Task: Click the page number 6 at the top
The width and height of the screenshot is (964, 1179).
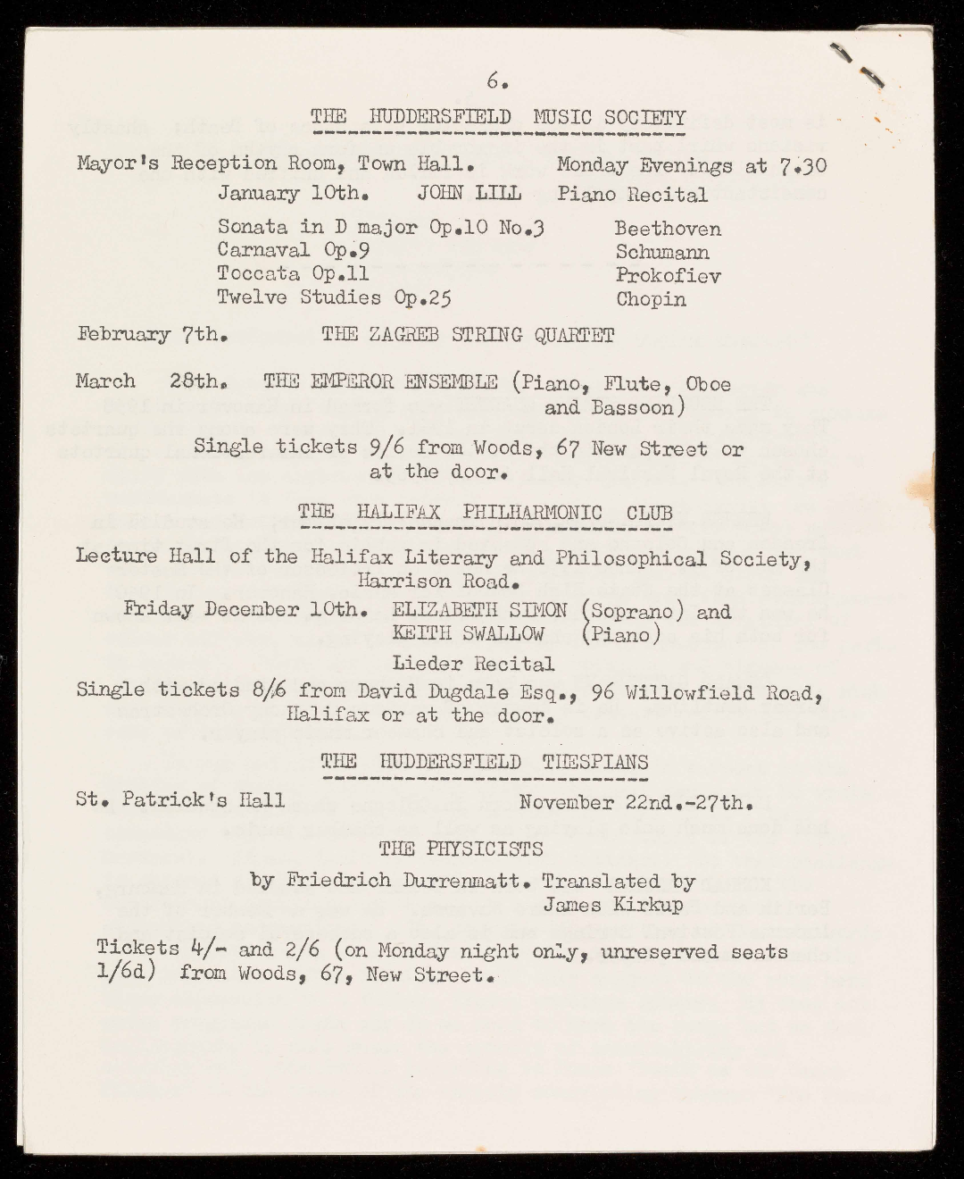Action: [x=496, y=81]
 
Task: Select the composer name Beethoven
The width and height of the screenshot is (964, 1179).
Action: [x=668, y=229]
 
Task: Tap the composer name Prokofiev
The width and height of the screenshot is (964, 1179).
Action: [x=668, y=275]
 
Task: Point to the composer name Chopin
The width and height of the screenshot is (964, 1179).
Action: [x=651, y=299]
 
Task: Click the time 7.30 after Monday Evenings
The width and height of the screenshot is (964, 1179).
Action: [x=802, y=165]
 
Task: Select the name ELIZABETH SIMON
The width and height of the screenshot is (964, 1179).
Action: [x=479, y=611]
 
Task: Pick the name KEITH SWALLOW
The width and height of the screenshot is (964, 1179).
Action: [x=468, y=634]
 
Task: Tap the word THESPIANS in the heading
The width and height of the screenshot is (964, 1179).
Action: [x=595, y=761]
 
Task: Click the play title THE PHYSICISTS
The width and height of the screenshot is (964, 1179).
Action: [x=461, y=848]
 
